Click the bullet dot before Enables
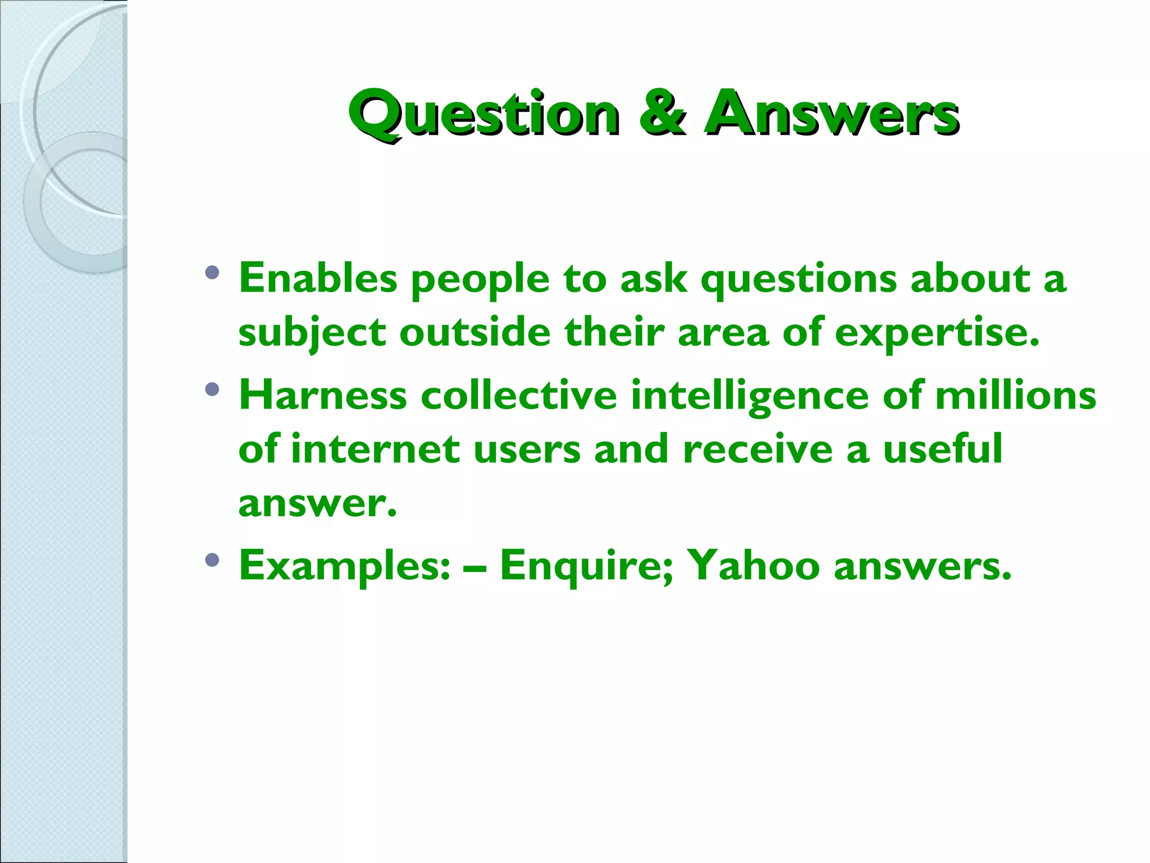212,273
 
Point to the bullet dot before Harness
212,389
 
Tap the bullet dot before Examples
212,560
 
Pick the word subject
312,333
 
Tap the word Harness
323,395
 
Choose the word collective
519,395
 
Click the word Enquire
586,566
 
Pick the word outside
475,332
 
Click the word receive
757,449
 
